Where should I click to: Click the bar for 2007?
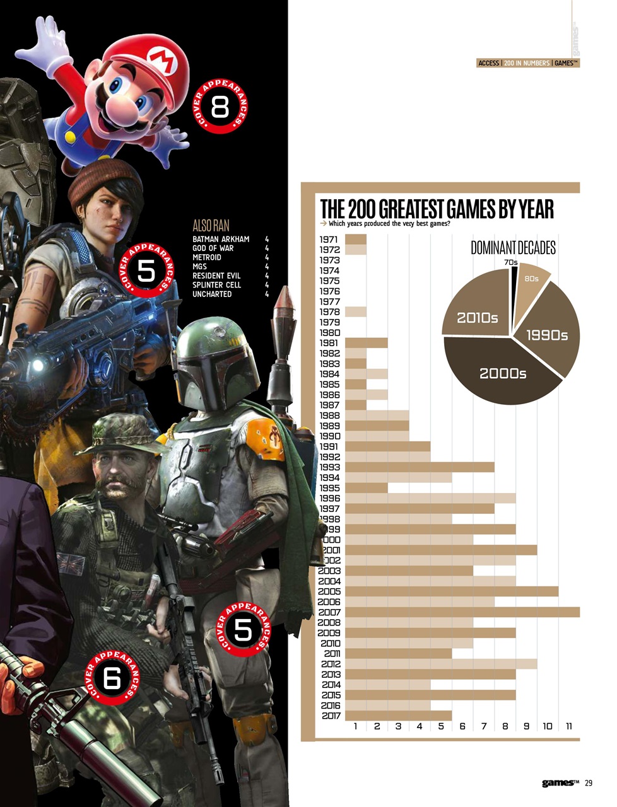(462, 612)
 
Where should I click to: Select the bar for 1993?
(420, 467)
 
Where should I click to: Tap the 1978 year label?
(329, 311)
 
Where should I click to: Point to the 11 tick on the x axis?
(568, 726)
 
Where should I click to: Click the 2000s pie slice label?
(502, 373)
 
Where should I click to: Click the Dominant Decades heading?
(513, 248)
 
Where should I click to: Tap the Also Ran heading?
(211, 225)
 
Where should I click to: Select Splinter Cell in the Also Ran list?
(216, 285)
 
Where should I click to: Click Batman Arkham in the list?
(220, 239)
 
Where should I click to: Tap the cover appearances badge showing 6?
(112, 678)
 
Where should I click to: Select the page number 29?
(588, 783)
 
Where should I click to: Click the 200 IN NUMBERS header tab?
(526, 63)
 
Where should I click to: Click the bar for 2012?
(441, 663)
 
